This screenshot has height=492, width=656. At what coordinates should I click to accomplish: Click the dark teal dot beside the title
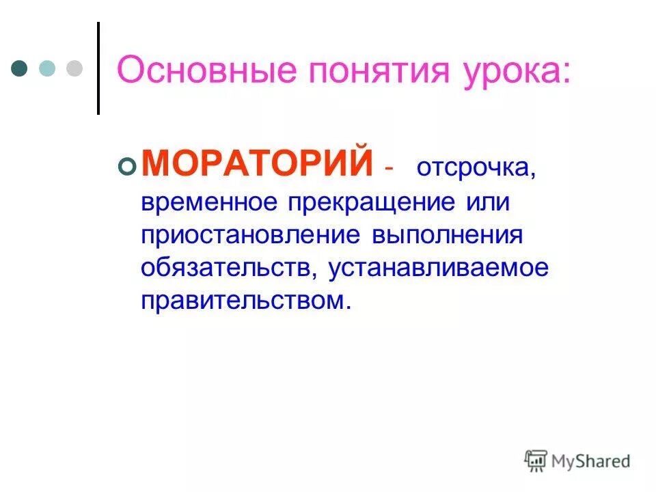point(20,69)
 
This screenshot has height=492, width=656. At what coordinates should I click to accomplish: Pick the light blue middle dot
point(47,69)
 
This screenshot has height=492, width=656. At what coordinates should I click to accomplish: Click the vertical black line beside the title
point(98,68)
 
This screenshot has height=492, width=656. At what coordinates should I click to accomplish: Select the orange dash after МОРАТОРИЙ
point(389,169)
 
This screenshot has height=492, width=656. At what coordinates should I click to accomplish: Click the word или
point(486,202)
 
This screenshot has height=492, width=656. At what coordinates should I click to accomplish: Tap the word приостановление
point(250,235)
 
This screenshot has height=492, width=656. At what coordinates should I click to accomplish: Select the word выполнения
point(447,235)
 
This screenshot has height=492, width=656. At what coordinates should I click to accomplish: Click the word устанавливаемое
point(439,268)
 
